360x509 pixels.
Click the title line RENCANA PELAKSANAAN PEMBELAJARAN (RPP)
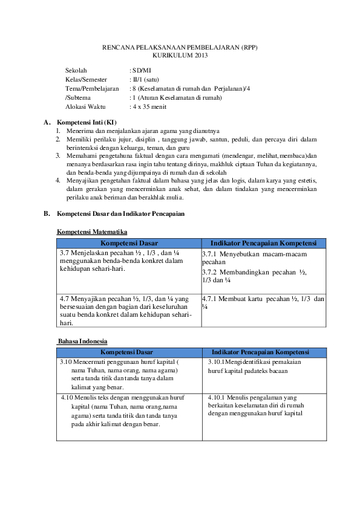[x=180, y=47]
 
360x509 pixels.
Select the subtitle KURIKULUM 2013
[x=180, y=56]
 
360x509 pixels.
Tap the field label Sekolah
[x=76, y=71]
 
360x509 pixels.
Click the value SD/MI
[x=143, y=71]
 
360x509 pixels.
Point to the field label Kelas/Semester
[x=86, y=80]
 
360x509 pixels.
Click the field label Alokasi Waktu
[x=85, y=106]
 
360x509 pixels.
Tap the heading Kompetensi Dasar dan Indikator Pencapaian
[x=120, y=214]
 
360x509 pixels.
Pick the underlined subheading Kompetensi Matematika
[x=92, y=232]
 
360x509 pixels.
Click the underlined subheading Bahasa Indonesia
[x=82, y=341]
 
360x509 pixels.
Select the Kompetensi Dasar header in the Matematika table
[x=129, y=243]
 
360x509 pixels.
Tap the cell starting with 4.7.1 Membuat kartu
[x=263, y=303]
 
